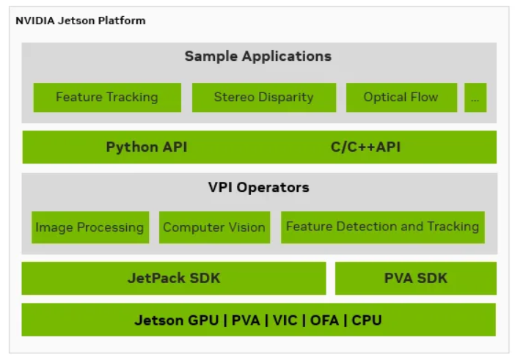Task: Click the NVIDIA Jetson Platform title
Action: (81, 21)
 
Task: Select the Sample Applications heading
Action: (257, 56)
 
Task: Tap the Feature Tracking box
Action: (107, 97)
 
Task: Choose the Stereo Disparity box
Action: (263, 97)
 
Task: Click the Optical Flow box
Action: (401, 97)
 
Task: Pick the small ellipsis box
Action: (475, 98)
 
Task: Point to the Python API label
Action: (147, 147)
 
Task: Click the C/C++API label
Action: (365, 147)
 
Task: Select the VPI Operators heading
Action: (258, 187)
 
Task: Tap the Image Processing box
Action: (90, 227)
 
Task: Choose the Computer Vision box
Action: (214, 227)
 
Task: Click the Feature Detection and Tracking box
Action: (382, 227)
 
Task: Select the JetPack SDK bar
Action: (174, 278)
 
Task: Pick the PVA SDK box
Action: (415, 278)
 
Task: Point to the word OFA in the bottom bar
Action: (325, 320)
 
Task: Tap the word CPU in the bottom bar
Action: (367, 320)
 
